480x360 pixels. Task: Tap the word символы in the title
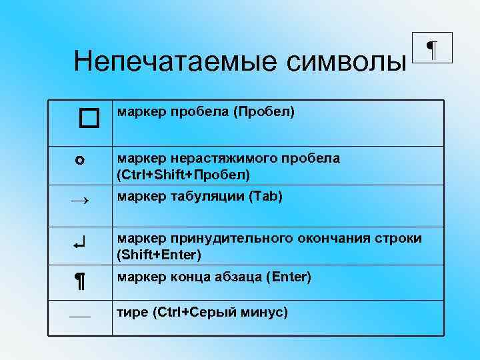coord(346,63)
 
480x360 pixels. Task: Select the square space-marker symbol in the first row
coord(87,119)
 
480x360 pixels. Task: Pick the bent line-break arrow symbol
coord(79,245)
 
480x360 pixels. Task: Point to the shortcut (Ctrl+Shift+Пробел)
coord(183,175)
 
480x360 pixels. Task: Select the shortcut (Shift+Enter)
coord(159,255)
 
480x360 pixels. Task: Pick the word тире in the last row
coord(131,312)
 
